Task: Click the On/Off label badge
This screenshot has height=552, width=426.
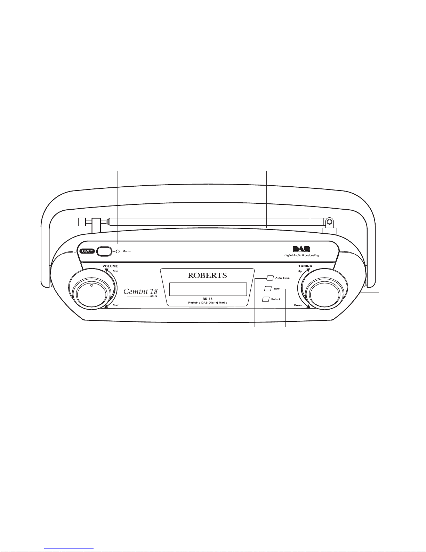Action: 87,251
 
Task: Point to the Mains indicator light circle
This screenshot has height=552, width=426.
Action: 118,251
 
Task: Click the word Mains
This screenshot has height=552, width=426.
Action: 127,251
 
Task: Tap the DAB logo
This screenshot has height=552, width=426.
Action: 301,249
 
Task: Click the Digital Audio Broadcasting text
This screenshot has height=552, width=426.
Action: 302,255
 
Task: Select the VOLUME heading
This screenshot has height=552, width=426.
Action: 110,266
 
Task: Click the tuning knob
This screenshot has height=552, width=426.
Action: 325,296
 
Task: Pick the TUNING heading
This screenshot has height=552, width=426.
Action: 305,266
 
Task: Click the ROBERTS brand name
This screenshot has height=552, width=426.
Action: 207,275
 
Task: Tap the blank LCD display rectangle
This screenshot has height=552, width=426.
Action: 208,289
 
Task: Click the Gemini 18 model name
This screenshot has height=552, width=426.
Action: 140,291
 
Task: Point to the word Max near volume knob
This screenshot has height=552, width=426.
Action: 115,305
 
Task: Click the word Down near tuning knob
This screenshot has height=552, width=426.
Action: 298,305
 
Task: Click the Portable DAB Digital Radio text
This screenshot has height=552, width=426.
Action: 208,303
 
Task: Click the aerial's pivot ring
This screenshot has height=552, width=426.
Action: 329,222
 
